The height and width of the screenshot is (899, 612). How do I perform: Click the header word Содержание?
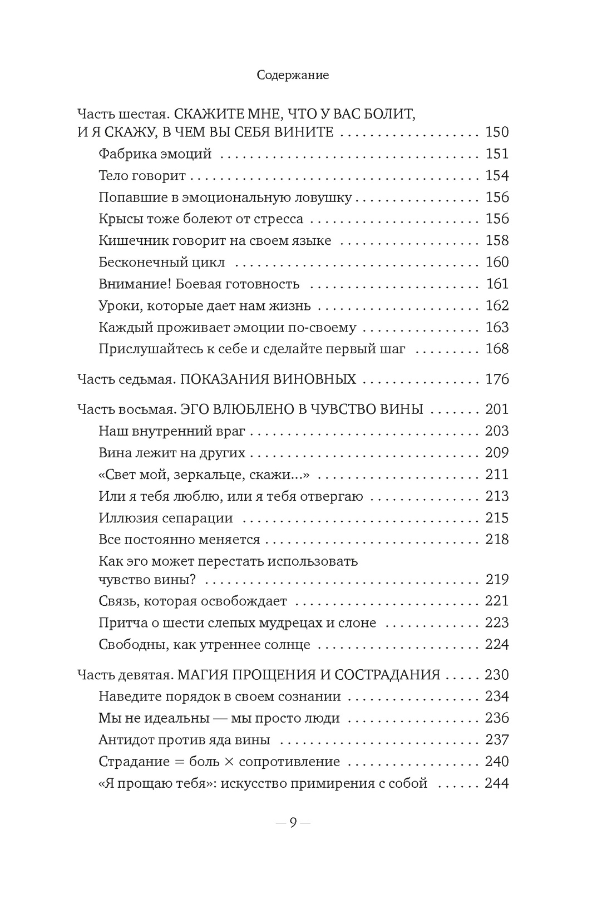pos(293,75)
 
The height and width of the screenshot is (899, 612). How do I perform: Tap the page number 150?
pos(497,132)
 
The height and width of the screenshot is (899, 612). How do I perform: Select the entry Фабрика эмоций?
pos(155,154)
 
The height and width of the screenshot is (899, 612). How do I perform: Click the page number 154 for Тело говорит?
pos(497,176)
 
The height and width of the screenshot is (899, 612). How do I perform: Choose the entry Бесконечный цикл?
pos(161,263)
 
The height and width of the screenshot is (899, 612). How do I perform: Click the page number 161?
pos(497,284)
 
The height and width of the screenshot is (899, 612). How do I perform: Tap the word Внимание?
pos(135,284)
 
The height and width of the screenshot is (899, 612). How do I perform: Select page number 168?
pos(497,349)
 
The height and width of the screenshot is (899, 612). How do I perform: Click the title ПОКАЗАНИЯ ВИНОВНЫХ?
pos(269,380)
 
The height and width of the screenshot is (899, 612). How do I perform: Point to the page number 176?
pos(497,380)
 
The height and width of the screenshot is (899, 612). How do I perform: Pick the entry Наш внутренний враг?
pos(172,431)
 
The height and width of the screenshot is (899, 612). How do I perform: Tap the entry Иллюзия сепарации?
pos(165,518)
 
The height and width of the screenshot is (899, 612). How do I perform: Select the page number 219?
pos(497,580)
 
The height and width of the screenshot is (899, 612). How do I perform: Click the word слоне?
pos(357,623)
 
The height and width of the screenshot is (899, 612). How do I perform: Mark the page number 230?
pos(497,675)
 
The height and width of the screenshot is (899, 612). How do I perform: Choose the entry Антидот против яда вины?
pos(184,740)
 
